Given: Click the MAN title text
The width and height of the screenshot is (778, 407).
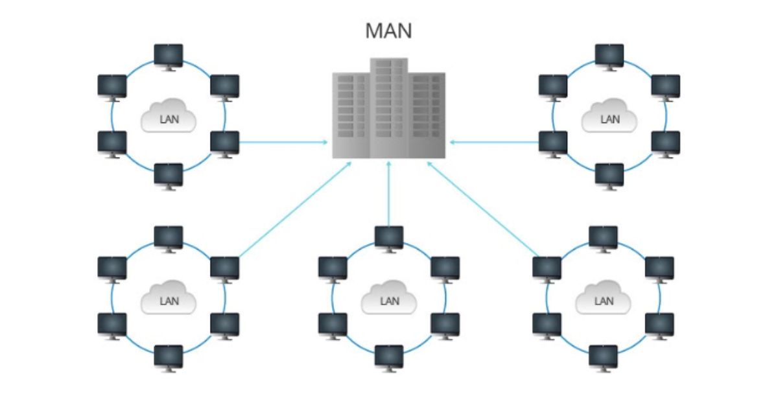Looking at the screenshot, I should pos(388,31).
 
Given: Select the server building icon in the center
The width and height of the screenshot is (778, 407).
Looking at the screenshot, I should pos(388,110).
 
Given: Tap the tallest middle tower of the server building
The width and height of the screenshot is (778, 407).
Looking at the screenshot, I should pos(388,107).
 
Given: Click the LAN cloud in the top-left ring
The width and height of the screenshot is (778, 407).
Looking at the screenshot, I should pos(169,118).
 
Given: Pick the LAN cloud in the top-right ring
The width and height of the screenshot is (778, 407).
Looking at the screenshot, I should pos(609,118).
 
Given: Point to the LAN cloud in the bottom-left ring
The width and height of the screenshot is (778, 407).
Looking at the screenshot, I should pos(169,300).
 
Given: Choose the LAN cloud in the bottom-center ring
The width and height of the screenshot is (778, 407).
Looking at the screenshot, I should pos(389,300).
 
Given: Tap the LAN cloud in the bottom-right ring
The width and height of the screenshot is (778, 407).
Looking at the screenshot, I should pos(603,300).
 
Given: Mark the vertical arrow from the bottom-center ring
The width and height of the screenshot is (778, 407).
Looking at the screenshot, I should pos(388,194).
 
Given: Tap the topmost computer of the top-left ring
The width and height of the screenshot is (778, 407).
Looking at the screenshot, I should pos(169,55).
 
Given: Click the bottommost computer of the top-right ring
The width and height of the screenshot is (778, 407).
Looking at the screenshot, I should pos(609,175).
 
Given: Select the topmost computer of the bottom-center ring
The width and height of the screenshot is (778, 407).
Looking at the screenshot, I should pos(389,237).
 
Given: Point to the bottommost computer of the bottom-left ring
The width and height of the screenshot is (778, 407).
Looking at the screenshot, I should pos(169,357).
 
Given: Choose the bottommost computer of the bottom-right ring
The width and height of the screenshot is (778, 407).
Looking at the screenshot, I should pos(603,357).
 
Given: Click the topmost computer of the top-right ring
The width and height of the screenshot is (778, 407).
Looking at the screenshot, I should pos(609,55).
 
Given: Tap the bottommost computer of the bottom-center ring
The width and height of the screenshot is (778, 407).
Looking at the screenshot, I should pos(389,357).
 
